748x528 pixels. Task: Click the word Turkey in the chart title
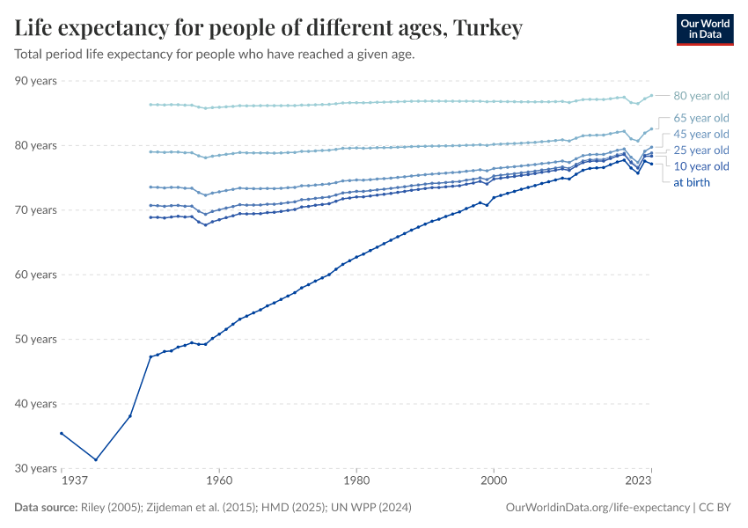point(487,28)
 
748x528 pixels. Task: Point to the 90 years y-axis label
point(36,81)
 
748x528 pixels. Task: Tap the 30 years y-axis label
point(36,468)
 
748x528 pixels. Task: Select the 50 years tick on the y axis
point(36,339)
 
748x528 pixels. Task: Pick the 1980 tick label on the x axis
point(356,481)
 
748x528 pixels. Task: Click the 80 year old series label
point(700,96)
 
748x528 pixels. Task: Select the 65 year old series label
point(700,118)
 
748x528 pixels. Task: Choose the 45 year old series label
point(700,134)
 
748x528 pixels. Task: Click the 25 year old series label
point(700,150)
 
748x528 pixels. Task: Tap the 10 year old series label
point(700,166)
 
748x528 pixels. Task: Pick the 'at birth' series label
point(691,182)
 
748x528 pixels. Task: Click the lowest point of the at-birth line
point(96,459)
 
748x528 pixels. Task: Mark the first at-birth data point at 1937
point(61,433)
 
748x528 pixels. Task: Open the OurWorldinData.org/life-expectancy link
point(598,508)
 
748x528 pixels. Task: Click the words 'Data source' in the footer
point(45,508)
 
